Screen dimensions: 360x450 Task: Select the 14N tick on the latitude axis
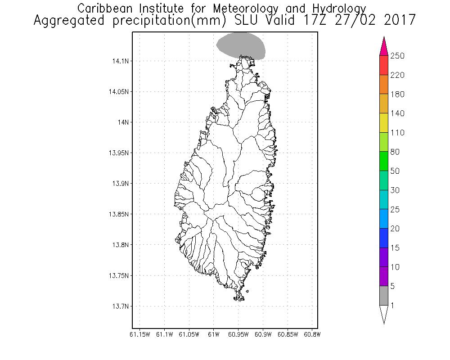coord(121,122)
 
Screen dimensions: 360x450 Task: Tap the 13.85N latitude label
coord(117,214)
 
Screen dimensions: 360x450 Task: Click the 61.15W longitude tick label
coord(139,334)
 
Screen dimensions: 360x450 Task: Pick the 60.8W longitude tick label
coord(312,334)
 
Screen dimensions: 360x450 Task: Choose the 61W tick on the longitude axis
coord(214,334)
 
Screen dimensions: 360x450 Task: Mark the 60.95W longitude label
coord(238,334)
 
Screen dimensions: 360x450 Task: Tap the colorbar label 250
coord(397,56)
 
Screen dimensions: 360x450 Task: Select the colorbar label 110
coord(397,133)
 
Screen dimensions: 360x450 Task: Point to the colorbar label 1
coord(392,306)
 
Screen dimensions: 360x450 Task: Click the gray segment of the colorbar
coord(384,296)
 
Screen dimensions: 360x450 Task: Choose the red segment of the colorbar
coord(384,65)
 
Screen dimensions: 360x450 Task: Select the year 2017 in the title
coord(396,21)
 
